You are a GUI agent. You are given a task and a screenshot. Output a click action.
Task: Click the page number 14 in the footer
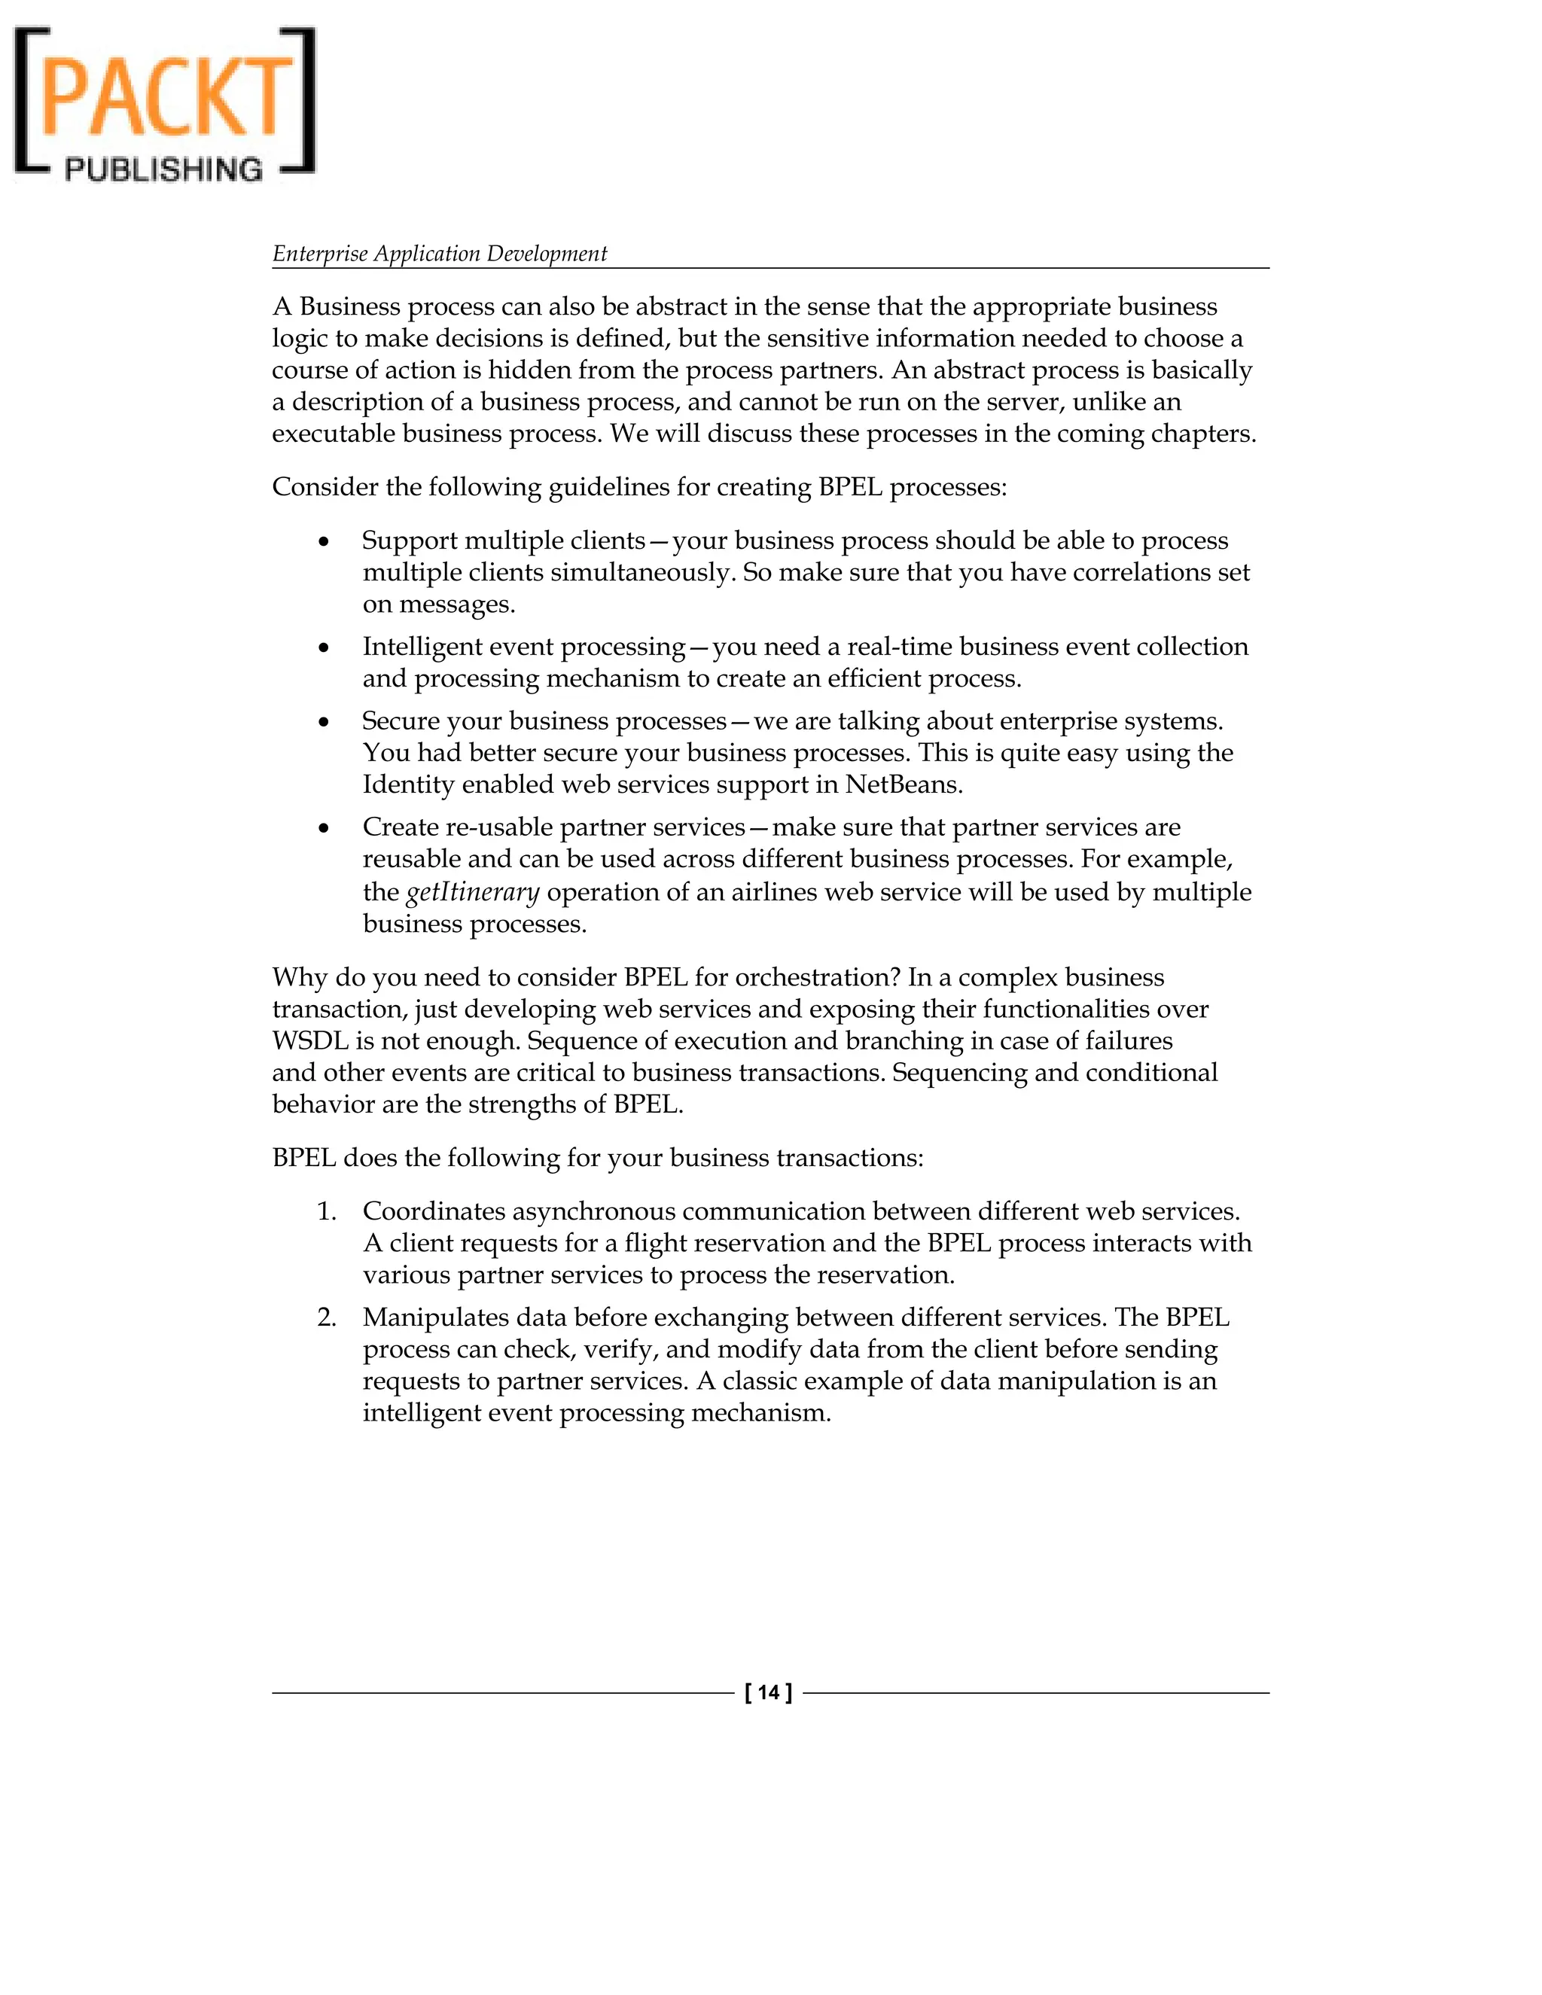tap(768, 1692)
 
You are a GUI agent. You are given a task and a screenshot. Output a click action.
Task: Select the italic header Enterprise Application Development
tap(440, 253)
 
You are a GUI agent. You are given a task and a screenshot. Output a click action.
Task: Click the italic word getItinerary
tap(472, 891)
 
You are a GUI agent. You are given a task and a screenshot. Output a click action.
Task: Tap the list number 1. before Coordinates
tap(327, 1211)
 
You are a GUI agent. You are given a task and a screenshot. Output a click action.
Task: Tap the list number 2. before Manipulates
tap(327, 1317)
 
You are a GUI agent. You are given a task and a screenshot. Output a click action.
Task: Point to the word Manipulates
tap(435, 1317)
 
